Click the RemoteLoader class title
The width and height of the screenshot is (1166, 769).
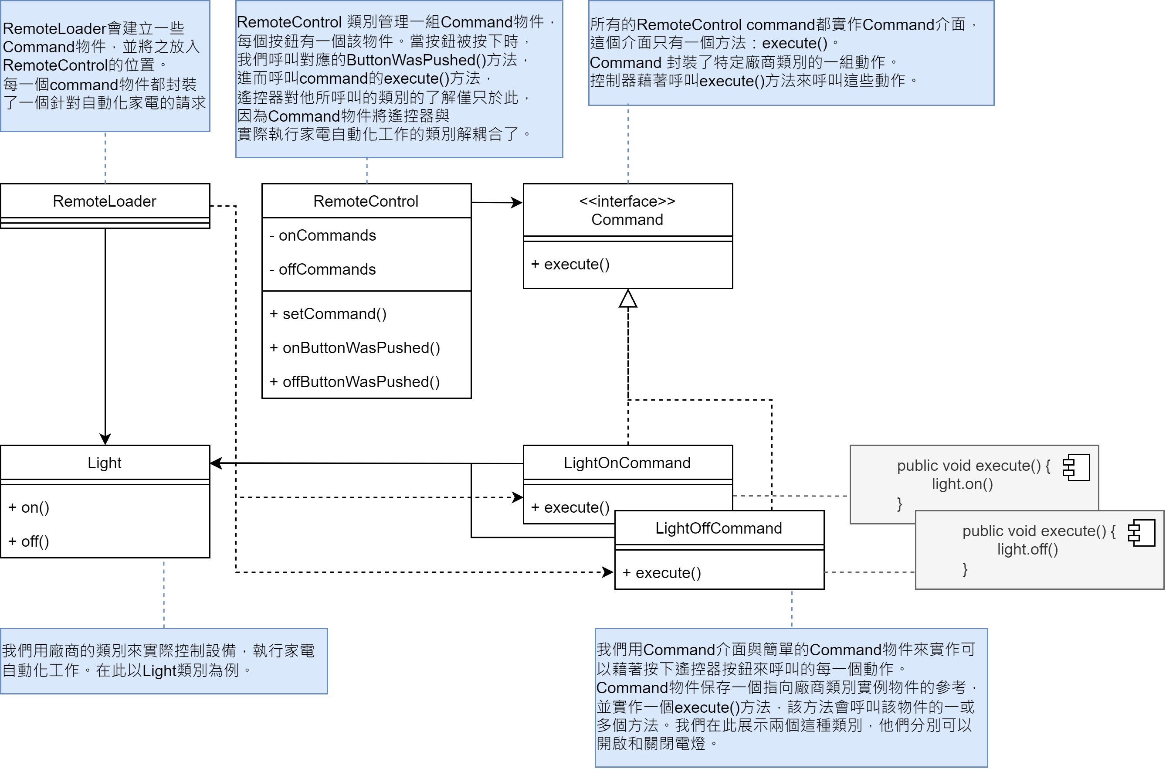tap(105, 201)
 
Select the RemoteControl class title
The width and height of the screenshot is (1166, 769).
tap(366, 201)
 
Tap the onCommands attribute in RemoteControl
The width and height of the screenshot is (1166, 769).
tap(327, 235)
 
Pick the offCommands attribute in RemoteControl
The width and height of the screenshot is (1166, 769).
tap(327, 269)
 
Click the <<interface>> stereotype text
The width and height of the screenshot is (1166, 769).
tap(627, 201)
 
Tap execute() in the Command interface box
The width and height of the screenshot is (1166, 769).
tap(576, 264)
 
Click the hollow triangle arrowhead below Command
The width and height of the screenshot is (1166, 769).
tap(628, 299)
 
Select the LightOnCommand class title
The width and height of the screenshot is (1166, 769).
tap(627, 463)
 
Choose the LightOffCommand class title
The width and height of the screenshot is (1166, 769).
tap(719, 528)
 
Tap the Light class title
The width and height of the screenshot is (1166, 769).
tap(105, 463)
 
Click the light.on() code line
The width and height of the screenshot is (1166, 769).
tap(962, 484)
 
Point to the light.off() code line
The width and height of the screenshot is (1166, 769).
tap(1027, 549)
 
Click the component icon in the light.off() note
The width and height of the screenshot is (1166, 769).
tap(1141, 533)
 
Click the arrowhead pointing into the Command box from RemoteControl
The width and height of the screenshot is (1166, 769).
tap(517, 203)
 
